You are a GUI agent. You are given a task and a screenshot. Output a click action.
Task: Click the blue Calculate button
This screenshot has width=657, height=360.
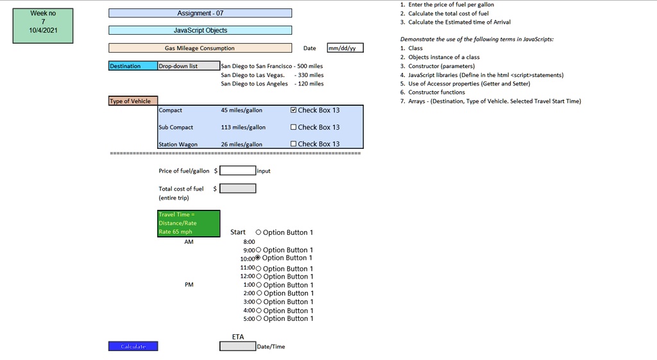tap(133, 346)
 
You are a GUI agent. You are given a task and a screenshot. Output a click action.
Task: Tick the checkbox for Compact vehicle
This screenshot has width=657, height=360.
tap(293, 110)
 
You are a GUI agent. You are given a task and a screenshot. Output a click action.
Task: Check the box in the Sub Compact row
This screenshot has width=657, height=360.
tap(293, 127)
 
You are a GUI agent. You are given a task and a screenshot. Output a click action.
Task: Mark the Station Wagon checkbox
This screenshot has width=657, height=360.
tap(293, 144)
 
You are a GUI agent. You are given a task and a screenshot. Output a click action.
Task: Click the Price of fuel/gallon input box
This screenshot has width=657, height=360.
tap(237, 171)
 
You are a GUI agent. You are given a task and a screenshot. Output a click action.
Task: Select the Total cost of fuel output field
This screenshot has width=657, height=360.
tap(237, 189)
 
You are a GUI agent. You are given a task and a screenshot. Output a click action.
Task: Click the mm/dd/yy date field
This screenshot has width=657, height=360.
tap(345, 47)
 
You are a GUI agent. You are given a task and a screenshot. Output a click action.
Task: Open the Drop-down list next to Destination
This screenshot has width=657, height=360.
tap(189, 66)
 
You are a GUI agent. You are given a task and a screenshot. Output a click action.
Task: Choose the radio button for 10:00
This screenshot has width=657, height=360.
tap(258, 258)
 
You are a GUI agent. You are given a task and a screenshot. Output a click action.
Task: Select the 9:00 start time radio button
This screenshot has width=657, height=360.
tap(258, 250)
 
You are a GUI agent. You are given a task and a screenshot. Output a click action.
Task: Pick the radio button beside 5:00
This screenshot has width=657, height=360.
tap(259, 318)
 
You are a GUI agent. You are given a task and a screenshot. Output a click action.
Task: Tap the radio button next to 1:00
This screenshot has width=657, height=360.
tap(259, 285)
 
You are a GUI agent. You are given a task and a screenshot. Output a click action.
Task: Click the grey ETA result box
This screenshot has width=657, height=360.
tap(237, 346)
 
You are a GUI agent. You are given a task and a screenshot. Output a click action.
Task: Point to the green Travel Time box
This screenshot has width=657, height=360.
tap(189, 223)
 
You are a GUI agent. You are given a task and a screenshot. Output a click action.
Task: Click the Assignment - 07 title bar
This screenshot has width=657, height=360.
tap(200, 13)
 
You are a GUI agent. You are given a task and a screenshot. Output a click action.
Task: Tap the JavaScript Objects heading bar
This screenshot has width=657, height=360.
tap(200, 30)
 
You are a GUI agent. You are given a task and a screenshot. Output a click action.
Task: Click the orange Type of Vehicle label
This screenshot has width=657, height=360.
tap(133, 101)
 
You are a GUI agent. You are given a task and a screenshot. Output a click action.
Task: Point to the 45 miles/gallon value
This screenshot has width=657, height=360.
tap(242, 110)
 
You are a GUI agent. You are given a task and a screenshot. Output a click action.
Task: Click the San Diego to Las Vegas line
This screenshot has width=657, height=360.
tap(272, 75)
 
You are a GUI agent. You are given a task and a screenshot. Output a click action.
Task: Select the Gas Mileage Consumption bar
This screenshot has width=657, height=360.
tap(200, 47)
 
